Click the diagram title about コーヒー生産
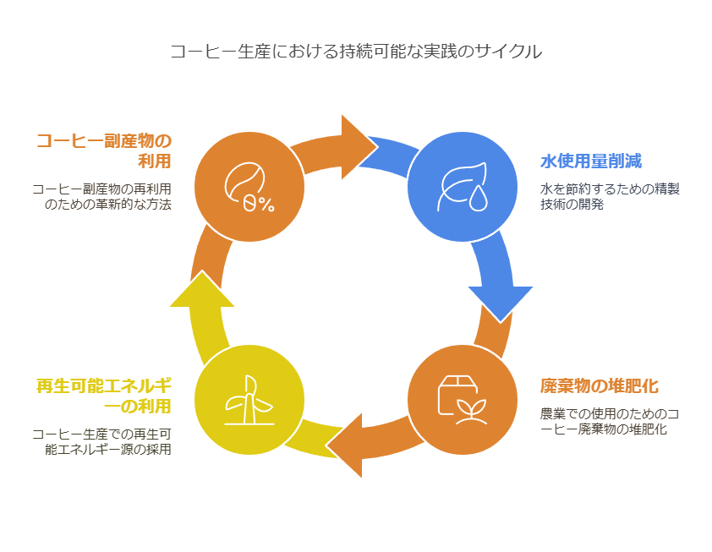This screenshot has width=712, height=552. (x=355, y=52)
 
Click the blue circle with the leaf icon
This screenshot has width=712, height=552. (x=462, y=187)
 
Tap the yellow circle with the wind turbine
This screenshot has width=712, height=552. (x=249, y=400)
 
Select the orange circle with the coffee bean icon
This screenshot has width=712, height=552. (x=249, y=187)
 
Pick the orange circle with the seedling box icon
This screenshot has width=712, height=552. (x=462, y=400)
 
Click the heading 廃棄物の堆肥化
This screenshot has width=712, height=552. (x=600, y=386)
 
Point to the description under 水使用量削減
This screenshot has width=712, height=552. (x=610, y=196)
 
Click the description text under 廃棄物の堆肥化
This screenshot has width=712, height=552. (x=610, y=421)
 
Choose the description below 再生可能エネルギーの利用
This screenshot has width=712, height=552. (x=101, y=441)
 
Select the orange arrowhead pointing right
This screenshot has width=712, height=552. (x=356, y=147)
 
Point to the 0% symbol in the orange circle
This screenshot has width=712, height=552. (x=259, y=204)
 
